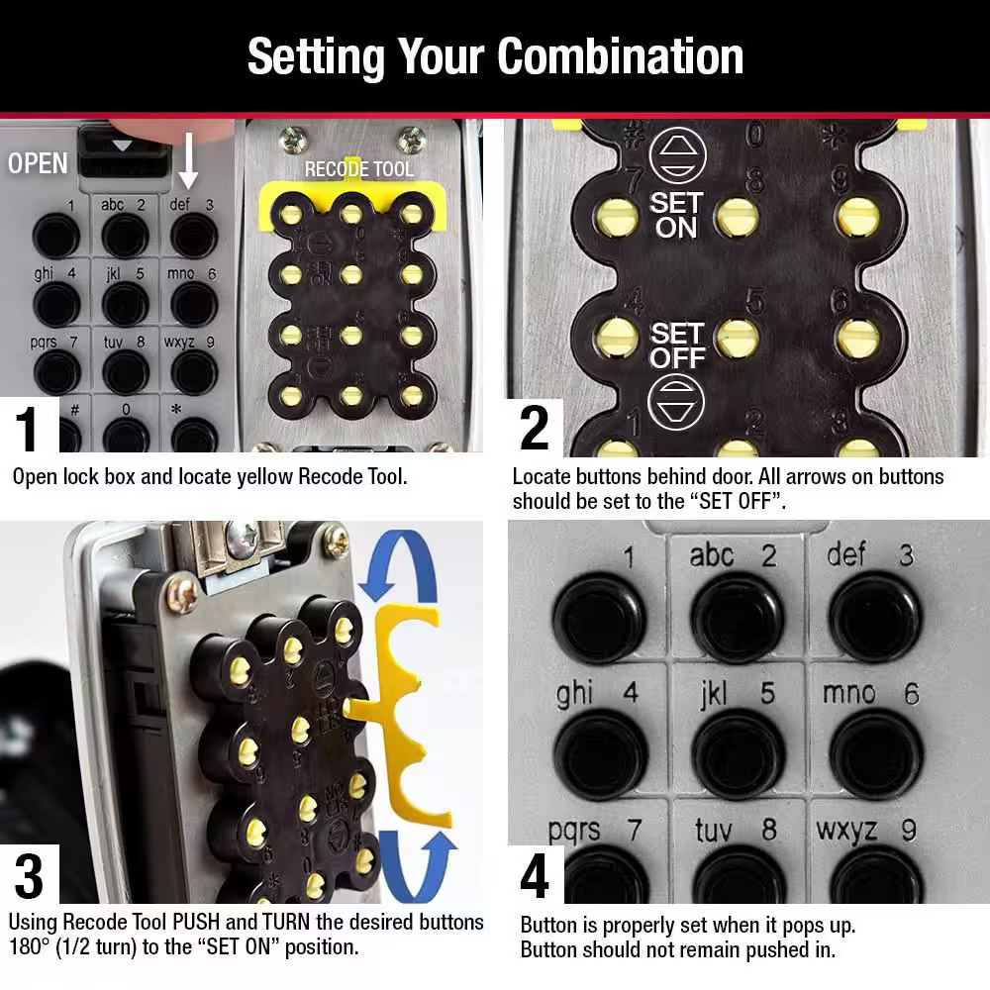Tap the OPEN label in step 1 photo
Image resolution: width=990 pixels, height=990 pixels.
tap(38, 163)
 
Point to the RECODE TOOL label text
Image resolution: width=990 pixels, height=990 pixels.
tap(358, 169)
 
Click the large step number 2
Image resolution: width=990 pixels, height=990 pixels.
tap(534, 429)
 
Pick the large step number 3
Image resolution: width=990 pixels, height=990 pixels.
tap(30, 876)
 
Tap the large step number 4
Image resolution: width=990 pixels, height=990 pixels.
tap(535, 875)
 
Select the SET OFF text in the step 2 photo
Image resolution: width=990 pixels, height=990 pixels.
tap(677, 346)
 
